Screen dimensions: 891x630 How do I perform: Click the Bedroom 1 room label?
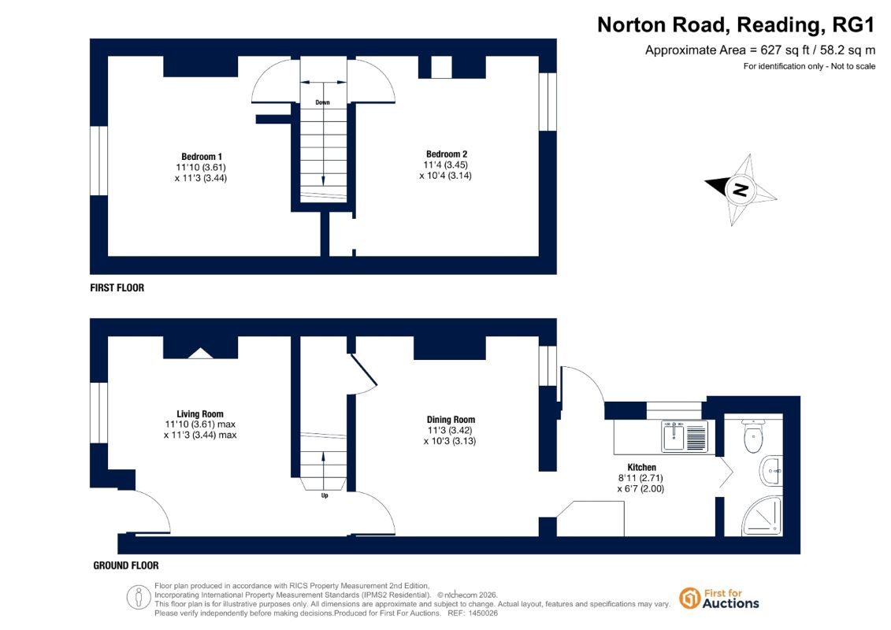click(202, 157)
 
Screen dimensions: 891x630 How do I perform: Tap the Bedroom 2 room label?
click(447, 154)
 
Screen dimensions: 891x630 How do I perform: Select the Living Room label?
click(200, 414)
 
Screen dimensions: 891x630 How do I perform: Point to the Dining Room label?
click(451, 420)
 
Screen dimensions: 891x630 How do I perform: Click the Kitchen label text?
click(641, 468)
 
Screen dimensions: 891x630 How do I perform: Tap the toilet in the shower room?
click(753, 435)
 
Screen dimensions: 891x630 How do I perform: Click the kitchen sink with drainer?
click(685, 436)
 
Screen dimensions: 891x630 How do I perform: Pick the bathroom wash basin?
click(772, 471)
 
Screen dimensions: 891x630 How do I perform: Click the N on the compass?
click(740, 190)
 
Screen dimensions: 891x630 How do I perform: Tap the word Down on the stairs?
click(323, 103)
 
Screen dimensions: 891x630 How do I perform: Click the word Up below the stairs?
click(325, 495)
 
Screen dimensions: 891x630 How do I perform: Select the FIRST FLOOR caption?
click(117, 288)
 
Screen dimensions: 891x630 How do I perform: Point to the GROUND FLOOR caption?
click(126, 565)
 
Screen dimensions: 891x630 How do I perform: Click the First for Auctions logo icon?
click(690, 598)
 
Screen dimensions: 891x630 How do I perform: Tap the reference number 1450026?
click(483, 613)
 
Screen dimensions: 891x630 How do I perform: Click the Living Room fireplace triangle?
click(200, 353)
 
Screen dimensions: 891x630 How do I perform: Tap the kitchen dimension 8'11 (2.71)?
click(641, 478)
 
